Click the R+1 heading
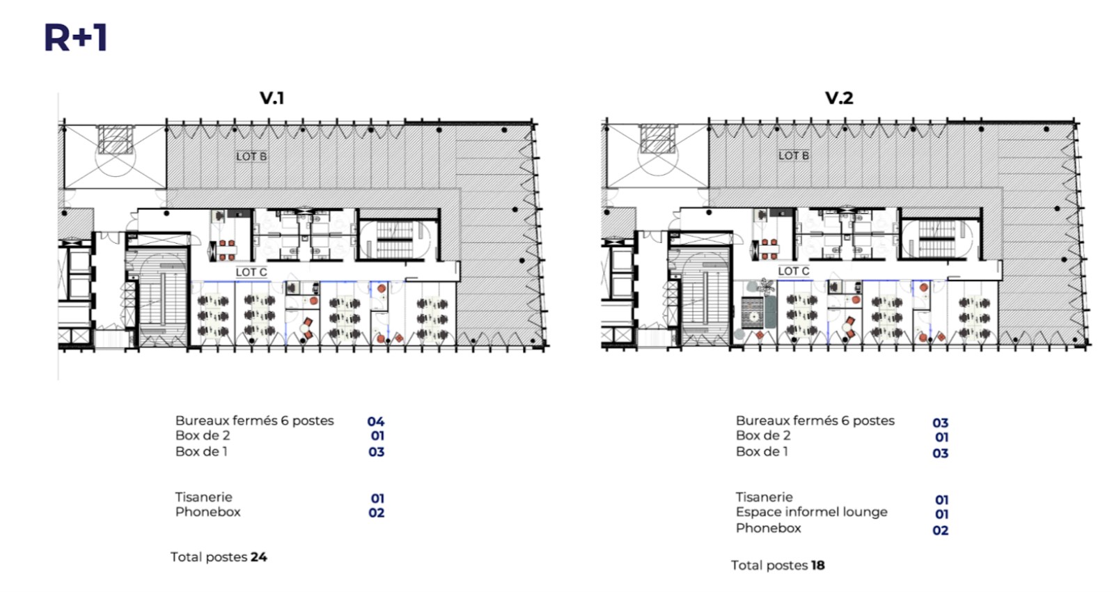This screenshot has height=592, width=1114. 76,38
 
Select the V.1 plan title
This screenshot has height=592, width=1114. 272,98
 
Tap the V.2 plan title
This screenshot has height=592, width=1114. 839,98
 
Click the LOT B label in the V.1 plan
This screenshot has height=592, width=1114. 251,156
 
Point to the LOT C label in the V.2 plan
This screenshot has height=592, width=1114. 793,271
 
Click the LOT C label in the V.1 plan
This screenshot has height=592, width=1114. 251,272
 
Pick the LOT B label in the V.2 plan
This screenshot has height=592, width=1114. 793,156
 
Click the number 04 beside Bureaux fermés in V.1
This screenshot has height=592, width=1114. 375,422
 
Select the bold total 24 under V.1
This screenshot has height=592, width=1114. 258,556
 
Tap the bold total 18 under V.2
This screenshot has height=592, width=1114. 817,565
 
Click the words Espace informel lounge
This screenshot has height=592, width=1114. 811,512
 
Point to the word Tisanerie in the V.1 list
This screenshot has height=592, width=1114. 203,497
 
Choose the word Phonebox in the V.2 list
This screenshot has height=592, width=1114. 769,528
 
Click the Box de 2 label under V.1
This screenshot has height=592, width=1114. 203,436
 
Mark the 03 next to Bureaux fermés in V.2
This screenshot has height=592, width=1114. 940,423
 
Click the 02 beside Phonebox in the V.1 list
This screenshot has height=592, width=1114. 377,513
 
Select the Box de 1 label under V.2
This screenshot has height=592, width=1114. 762,452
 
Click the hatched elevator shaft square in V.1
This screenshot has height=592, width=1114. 116,139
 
